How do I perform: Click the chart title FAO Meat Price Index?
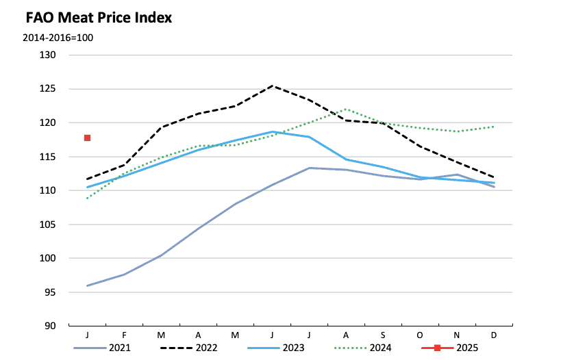pyautogui.click(x=98, y=18)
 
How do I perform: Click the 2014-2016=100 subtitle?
pyautogui.click(x=58, y=37)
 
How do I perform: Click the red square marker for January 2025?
pyautogui.click(x=87, y=138)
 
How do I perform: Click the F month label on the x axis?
pyautogui.click(x=125, y=335)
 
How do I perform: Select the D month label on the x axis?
pyautogui.click(x=493, y=335)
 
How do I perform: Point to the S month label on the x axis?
pyautogui.click(x=383, y=335)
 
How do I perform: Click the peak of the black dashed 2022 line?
pyautogui.click(x=272, y=86)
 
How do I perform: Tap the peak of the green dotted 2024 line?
pyautogui.click(x=346, y=109)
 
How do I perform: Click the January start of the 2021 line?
pyautogui.click(x=88, y=285)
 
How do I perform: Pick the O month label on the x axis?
pyautogui.click(x=419, y=335)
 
